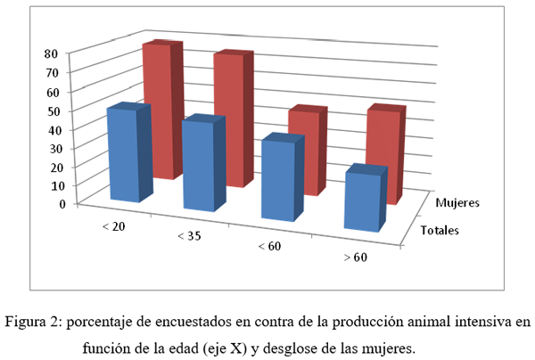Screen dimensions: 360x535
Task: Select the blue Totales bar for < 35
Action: tap(198, 166)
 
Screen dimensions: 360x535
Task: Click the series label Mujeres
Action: tap(457, 202)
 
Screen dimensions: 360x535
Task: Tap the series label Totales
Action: tap(440, 231)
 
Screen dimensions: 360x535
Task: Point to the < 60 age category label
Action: tap(269, 246)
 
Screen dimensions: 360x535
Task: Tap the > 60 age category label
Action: tap(355, 258)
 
